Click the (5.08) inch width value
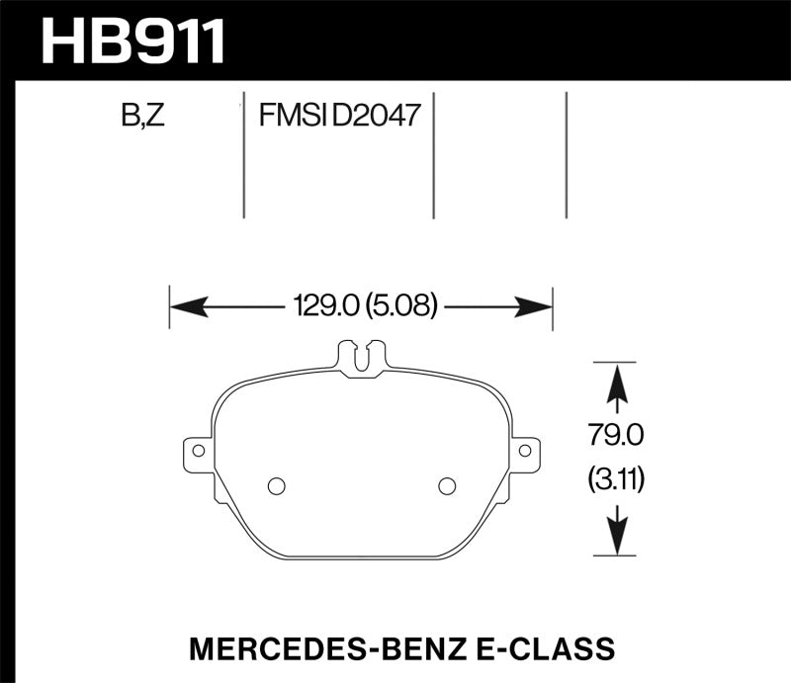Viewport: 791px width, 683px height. point(401,305)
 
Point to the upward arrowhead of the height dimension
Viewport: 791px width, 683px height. point(616,382)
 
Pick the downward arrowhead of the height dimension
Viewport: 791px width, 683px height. point(616,537)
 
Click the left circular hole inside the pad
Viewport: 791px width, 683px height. point(277,485)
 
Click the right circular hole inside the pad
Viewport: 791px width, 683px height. point(446,485)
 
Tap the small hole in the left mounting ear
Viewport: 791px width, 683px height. point(199,450)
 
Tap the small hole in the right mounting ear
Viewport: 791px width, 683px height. point(525,450)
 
